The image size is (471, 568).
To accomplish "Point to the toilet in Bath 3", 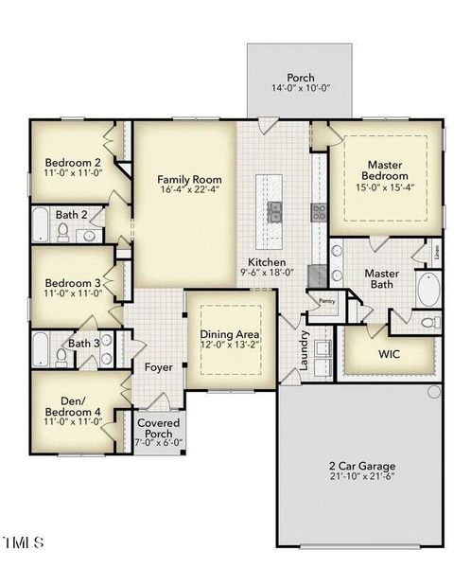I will tap(62, 357).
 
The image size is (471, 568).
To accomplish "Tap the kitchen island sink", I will tap(275, 211).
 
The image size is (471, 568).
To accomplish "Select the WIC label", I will tap(390, 355).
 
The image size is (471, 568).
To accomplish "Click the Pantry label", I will tap(326, 301).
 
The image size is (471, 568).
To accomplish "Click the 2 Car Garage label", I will tap(362, 466).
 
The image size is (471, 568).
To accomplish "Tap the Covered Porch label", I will tap(158, 427).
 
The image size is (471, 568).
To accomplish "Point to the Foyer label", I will tap(158, 366).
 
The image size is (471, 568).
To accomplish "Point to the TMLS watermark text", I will tap(24, 542).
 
